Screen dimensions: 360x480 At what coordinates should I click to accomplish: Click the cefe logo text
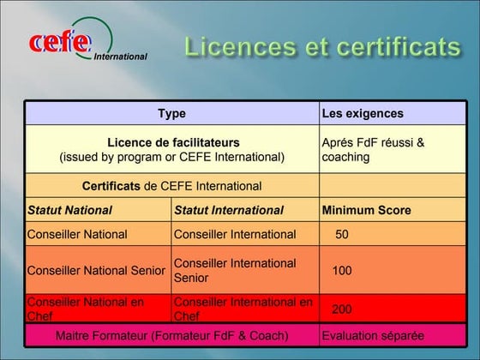click(58, 41)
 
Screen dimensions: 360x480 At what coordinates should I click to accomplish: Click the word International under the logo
click(120, 57)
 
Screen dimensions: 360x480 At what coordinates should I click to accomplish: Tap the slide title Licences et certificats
click(321, 46)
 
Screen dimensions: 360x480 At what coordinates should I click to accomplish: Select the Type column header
click(171, 113)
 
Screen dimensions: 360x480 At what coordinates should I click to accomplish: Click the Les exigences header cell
click(362, 113)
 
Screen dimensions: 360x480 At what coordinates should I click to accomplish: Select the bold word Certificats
click(111, 186)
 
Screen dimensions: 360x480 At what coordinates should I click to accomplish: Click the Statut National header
click(69, 210)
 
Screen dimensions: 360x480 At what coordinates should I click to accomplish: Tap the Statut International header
click(228, 210)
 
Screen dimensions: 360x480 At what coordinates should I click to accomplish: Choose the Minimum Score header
click(366, 210)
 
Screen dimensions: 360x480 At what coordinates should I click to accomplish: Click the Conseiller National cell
click(77, 234)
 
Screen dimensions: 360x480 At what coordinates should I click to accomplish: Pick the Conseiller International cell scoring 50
click(234, 234)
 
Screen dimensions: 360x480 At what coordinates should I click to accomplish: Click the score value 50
click(341, 234)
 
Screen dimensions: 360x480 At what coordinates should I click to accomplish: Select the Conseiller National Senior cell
click(96, 270)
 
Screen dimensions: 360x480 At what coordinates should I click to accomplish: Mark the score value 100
click(342, 270)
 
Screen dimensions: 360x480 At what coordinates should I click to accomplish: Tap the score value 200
click(342, 309)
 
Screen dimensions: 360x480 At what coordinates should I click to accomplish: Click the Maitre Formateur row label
click(171, 335)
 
